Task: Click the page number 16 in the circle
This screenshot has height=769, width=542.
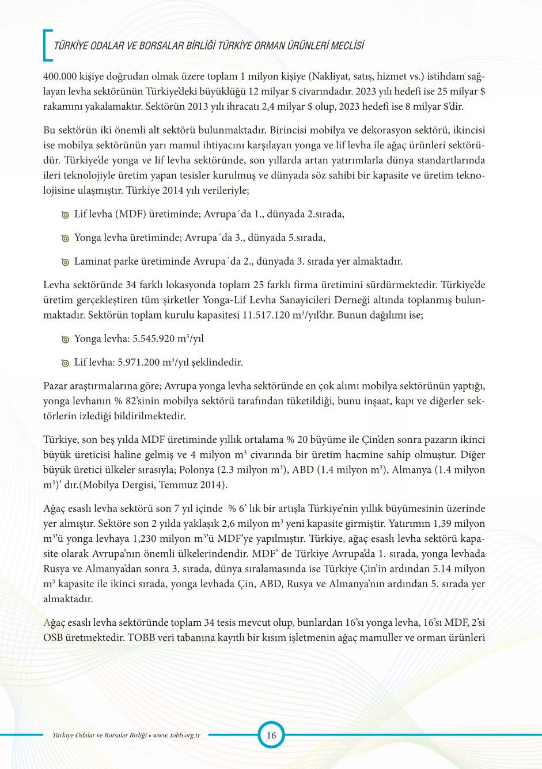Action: click(x=271, y=735)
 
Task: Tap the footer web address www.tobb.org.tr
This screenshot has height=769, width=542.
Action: click(x=176, y=735)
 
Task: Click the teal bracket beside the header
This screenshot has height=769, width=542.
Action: click(x=47, y=45)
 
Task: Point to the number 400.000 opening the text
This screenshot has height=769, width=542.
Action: click(x=60, y=76)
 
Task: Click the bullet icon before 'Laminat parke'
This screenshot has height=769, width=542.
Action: click(x=65, y=262)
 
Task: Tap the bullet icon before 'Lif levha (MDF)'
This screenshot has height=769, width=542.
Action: click(x=65, y=215)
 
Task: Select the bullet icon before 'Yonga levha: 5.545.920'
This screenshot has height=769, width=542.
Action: click(x=65, y=340)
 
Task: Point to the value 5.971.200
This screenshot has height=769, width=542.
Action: click(x=139, y=362)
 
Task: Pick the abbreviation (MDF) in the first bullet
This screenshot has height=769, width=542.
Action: click(x=131, y=214)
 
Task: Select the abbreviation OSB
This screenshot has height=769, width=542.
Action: click(x=55, y=637)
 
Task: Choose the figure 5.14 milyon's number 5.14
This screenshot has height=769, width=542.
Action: click(x=441, y=569)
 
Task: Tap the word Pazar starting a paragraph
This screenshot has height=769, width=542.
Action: click(x=56, y=386)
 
